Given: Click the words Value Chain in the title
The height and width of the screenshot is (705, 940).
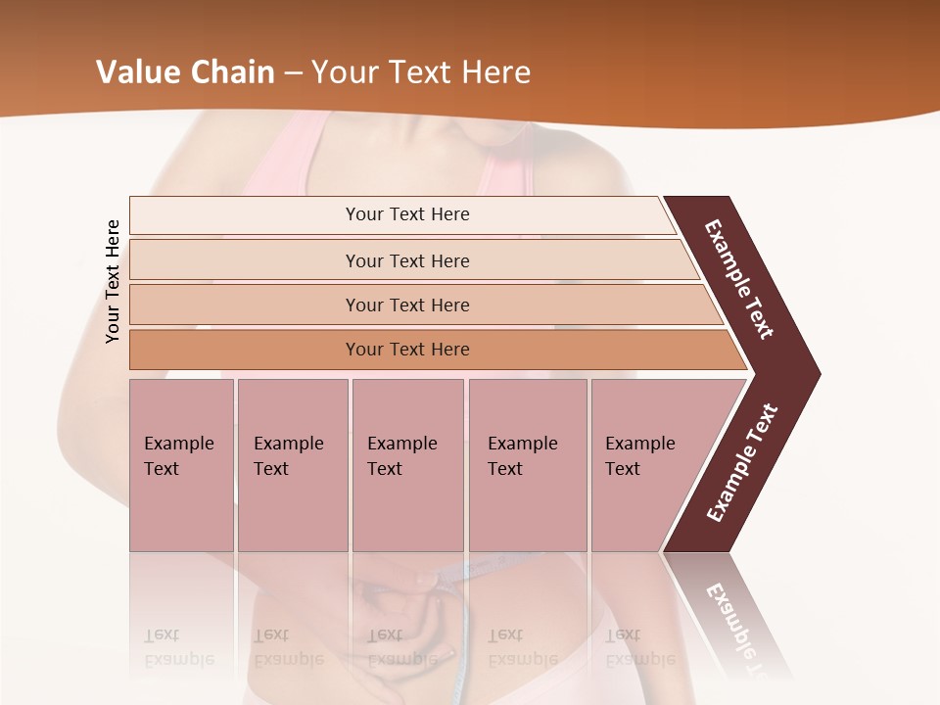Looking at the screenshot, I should coord(185,72).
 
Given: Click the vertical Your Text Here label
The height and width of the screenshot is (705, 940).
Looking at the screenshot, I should coord(114,281).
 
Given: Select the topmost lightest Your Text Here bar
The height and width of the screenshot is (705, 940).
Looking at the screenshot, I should coord(407,214).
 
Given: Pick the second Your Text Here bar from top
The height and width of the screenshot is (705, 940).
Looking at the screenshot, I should coord(407,260).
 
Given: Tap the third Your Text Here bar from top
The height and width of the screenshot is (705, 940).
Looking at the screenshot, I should coord(407,305).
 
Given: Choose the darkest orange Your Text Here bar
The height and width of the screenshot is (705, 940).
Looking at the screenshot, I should coord(407,350).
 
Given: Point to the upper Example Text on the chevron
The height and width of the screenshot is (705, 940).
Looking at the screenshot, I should coord(739,279).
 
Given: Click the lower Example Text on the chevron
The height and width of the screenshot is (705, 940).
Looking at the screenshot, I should coord(741,463).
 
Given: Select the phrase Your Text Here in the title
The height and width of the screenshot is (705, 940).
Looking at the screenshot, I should coord(421,72).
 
